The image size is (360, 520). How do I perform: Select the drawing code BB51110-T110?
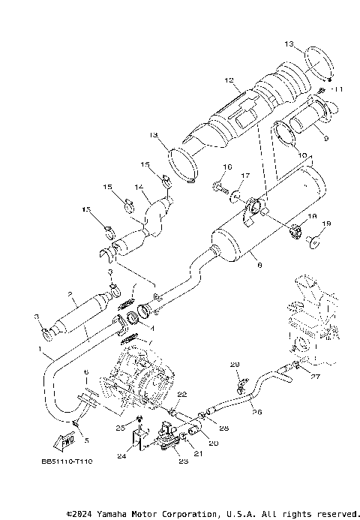67,462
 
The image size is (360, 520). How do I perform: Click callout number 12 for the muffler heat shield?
229,79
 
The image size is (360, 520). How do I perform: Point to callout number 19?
326,224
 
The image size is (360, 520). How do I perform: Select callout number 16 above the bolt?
227,167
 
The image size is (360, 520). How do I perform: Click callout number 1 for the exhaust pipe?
40,350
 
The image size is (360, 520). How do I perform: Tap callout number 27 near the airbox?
315,377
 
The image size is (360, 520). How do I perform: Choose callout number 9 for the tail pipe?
325,138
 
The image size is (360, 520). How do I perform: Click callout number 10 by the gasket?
301,156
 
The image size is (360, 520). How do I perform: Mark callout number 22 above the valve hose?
181,394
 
